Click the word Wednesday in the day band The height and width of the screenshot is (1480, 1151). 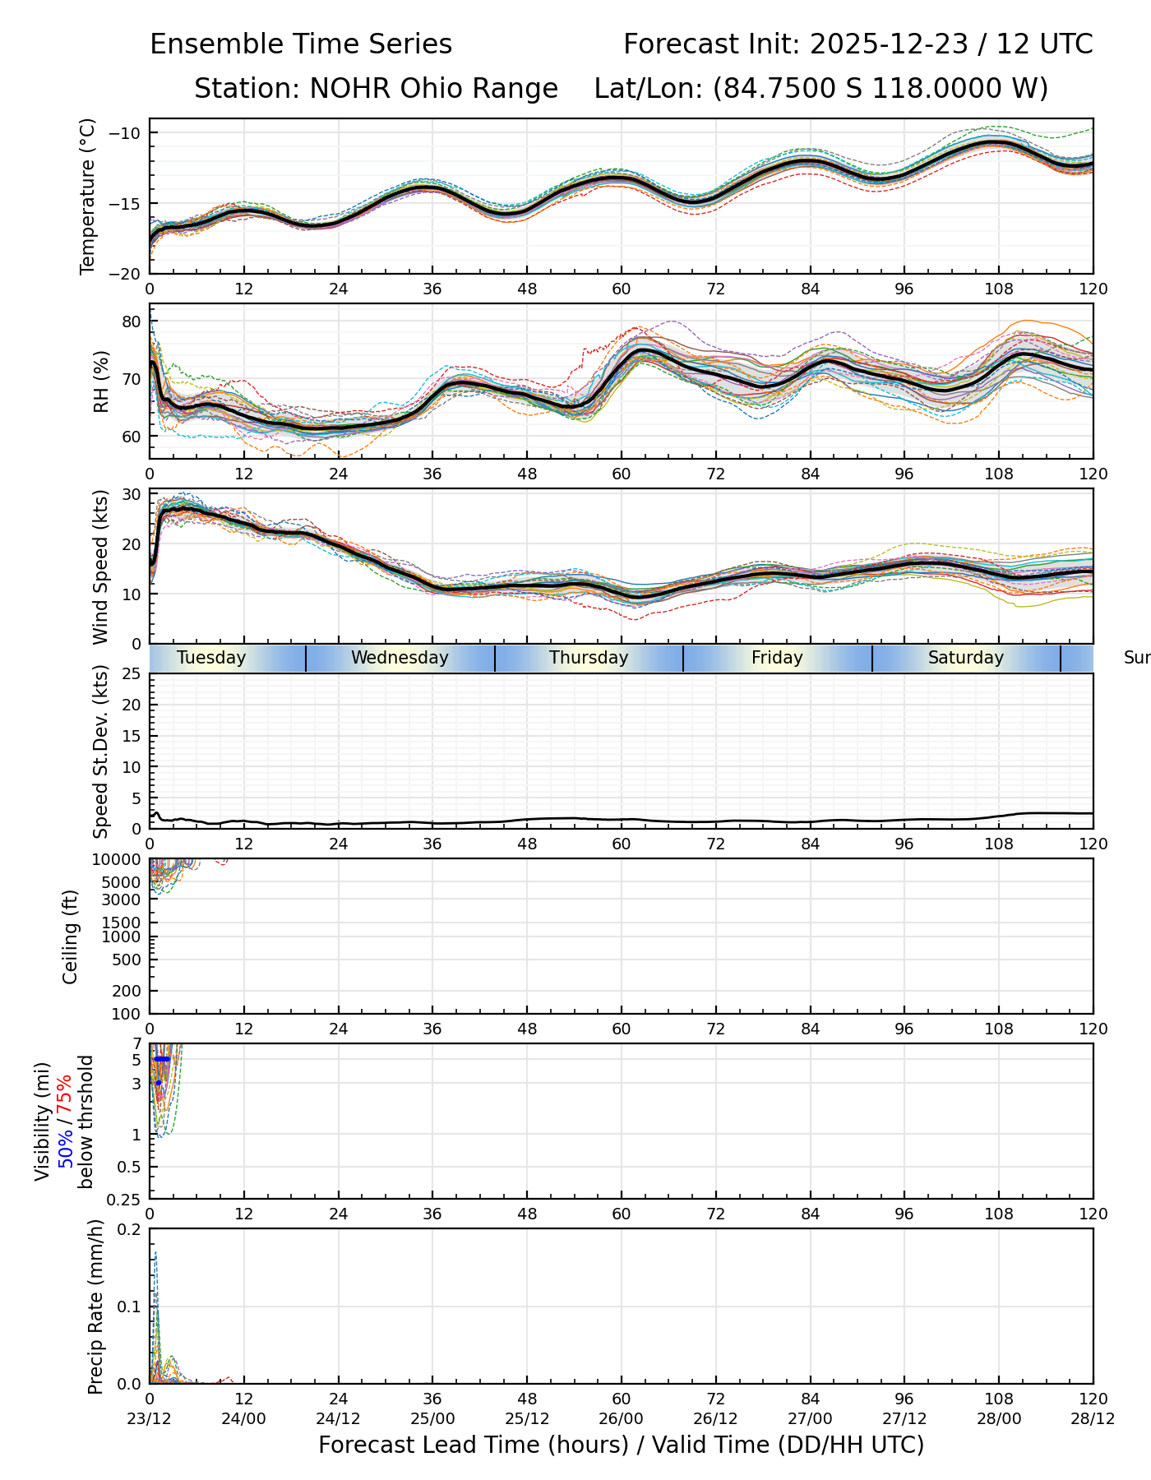coord(400,658)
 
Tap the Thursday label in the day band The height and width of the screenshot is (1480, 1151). coord(589,658)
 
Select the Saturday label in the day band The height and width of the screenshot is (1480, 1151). coord(966,658)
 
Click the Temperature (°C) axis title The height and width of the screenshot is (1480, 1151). coord(88,197)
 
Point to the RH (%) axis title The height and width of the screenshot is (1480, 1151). coord(101,381)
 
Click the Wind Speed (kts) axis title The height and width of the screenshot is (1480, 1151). coord(101,567)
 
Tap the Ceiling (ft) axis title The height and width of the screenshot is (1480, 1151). coord(71,937)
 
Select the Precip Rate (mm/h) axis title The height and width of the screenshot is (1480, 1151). coord(96,1307)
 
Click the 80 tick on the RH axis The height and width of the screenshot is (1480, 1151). coord(132,321)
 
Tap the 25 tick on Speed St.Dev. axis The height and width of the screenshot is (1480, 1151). coord(132,674)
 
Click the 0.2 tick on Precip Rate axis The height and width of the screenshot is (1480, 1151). coord(129,1230)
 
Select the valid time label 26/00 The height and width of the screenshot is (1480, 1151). coord(622,1418)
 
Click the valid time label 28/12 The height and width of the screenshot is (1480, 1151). coord(1093,1418)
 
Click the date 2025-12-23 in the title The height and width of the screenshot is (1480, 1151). coord(890,44)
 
